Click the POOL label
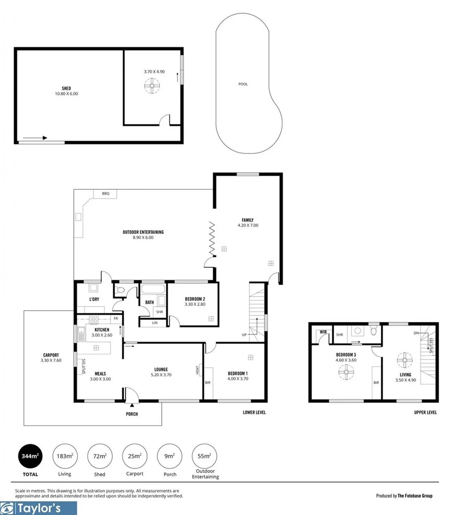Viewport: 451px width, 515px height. point(243,84)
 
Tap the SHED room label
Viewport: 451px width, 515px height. point(66,88)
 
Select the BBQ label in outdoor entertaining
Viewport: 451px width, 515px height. point(106,194)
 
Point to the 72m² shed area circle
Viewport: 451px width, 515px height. point(100,456)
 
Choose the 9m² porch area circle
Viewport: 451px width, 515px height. point(169,456)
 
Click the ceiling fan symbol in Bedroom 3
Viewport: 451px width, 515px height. point(346,373)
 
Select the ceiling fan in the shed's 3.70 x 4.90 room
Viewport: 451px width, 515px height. point(153,87)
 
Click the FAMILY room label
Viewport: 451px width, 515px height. point(247,220)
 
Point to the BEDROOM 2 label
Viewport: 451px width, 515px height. point(195,299)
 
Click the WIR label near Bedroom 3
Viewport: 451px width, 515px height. point(323,332)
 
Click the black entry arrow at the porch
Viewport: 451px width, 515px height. point(132,405)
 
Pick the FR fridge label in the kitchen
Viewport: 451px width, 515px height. point(115,318)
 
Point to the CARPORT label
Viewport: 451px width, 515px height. point(51,355)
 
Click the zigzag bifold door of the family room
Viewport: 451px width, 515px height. point(212,239)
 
